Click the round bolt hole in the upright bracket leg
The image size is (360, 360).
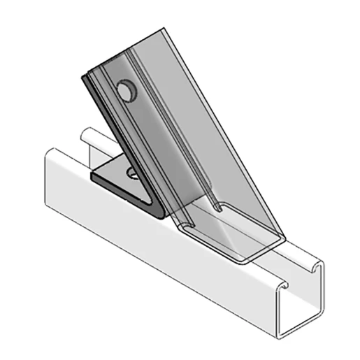tap(126, 92)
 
